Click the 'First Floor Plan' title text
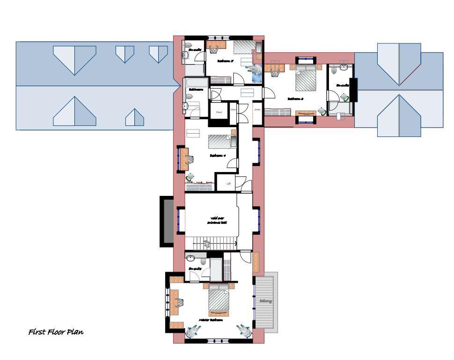pyautogui.click(x=56, y=332)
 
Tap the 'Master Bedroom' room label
pyautogui.click(x=210, y=320)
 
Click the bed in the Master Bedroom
pyautogui.click(x=219, y=299)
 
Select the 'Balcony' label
pyautogui.click(x=265, y=301)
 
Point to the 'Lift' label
pyautogui.click(x=228, y=184)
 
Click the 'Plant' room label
pyautogui.click(x=219, y=112)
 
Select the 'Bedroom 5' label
pyautogui.click(x=225, y=61)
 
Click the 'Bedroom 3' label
pyautogui.click(x=295, y=99)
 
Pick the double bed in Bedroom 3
pyautogui.click(x=307, y=79)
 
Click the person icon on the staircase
pyautogui.click(x=206, y=243)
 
